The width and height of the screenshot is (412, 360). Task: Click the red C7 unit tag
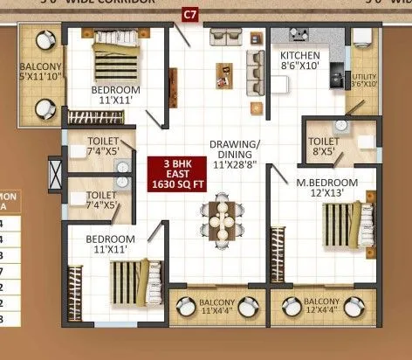(x=189, y=13)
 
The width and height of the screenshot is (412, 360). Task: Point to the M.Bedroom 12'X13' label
(x=326, y=187)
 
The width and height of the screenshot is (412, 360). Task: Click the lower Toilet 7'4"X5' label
(x=102, y=200)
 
